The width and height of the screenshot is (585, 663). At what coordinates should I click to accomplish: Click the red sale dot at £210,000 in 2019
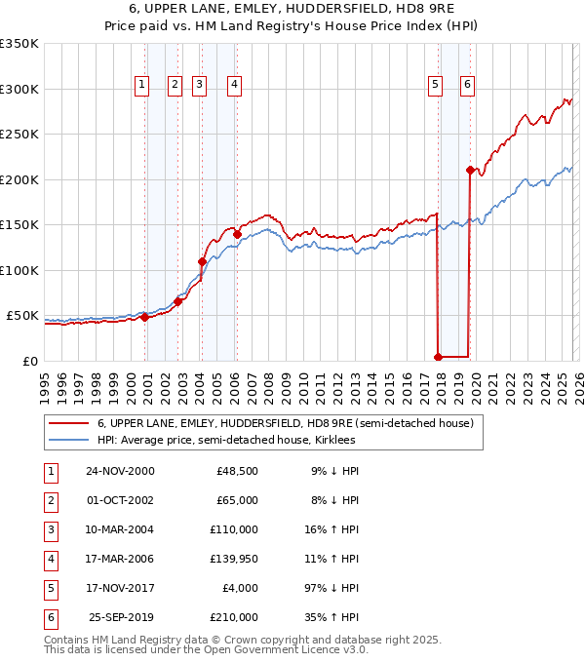470,171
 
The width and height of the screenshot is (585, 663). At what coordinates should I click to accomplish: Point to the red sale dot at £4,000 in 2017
438,357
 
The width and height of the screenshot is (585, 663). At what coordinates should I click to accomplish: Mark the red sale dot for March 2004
202,261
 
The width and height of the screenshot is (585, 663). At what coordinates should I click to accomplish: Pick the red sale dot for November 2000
144,317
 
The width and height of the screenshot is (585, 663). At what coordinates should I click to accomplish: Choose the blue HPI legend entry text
226,441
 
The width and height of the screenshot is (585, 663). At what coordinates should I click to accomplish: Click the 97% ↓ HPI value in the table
331,588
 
